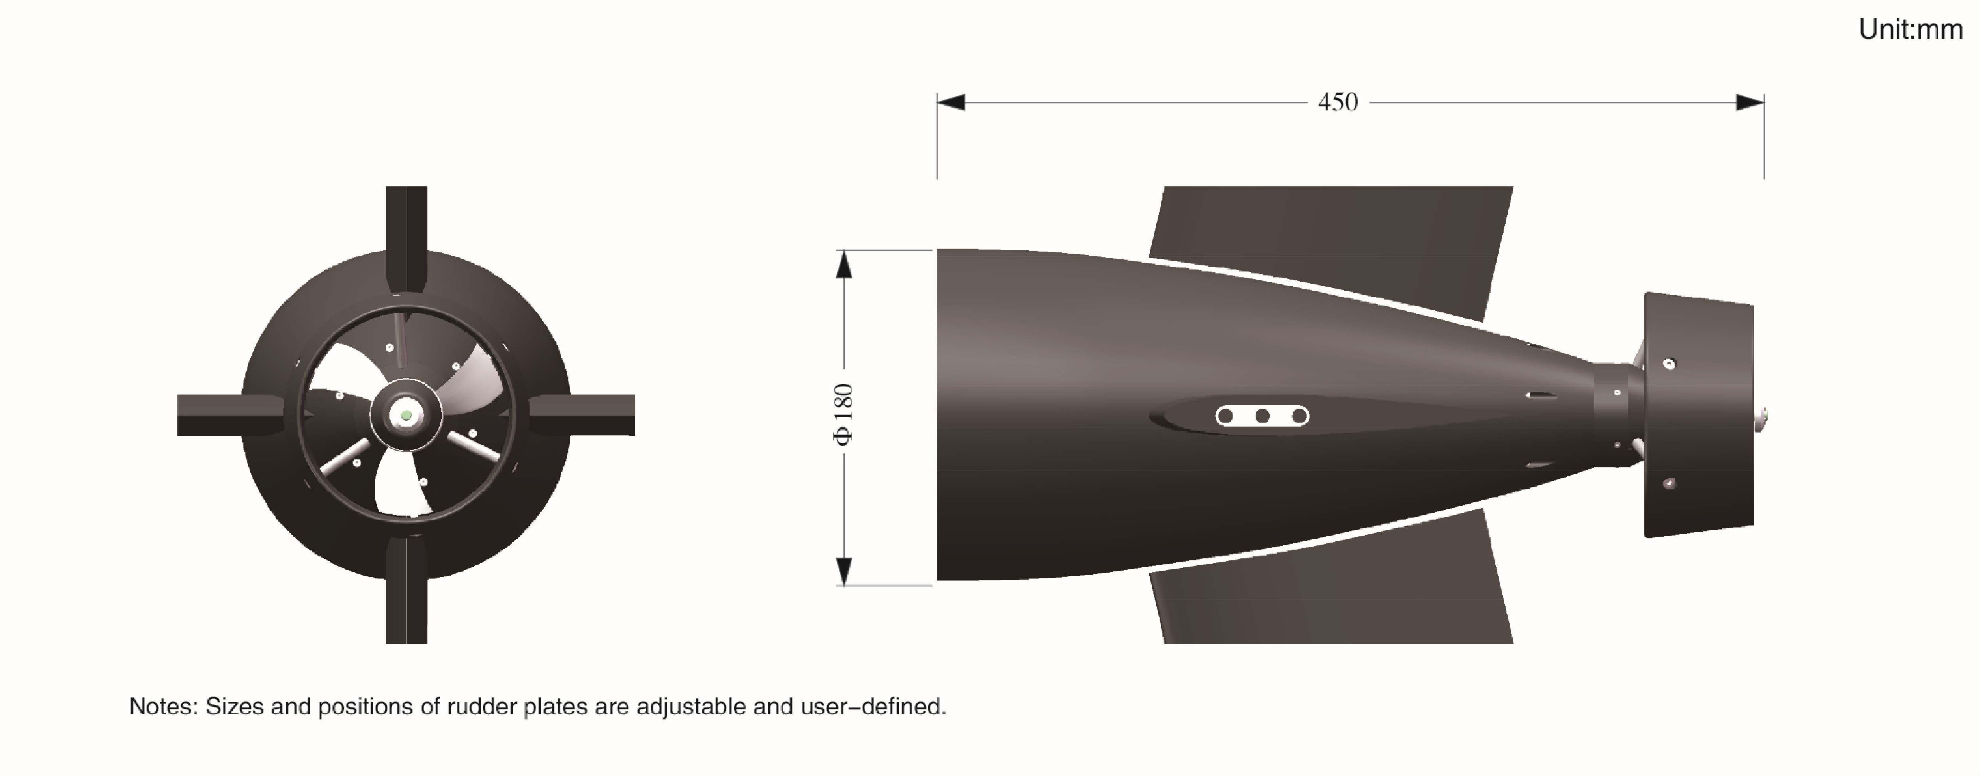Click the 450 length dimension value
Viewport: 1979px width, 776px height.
[1337, 102]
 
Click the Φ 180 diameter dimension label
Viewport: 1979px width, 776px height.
[843, 415]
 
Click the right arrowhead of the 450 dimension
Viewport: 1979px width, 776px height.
[1750, 102]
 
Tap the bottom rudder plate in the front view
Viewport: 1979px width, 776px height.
[406, 599]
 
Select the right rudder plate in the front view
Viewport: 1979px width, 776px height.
[592, 415]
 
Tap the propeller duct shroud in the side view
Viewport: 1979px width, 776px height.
[1698, 415]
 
